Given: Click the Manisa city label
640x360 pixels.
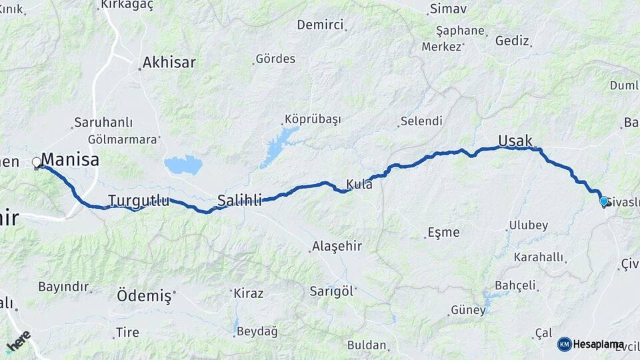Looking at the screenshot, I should click(70, 160).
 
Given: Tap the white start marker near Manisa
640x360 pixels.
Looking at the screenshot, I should click(37, 162).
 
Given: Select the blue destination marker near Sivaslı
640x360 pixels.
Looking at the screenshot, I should click(603, 201).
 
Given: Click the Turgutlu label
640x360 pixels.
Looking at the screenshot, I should click(139, 200).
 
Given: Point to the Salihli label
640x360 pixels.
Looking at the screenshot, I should click(239, 199).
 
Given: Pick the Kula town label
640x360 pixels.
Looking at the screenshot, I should click(359, 184).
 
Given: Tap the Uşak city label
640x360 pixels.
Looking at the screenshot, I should click(515, 141).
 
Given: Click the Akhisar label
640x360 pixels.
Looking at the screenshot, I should click(169, 63).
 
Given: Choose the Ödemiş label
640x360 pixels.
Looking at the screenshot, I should click(144, 295).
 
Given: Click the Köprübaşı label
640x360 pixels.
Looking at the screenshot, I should click(313, 119).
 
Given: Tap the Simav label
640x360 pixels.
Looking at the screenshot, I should click(448, 9).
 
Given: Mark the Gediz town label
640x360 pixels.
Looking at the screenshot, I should click(512, 41).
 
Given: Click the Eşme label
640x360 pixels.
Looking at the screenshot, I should click(443, 233).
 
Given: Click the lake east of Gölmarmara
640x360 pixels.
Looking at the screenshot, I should click(183, 165).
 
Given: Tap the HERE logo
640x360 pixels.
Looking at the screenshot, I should click(18, 341).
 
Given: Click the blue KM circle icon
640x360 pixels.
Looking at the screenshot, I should click(565, 344).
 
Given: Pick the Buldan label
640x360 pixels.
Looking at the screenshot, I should click(367, 345).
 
